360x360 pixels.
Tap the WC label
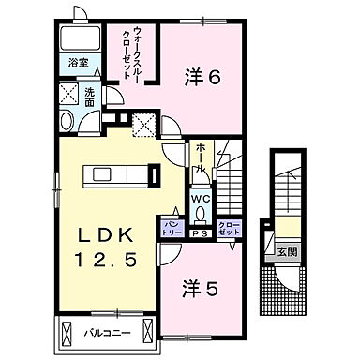(202, 200)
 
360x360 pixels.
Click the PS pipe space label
(200, 232)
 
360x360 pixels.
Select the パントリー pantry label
(172, 227)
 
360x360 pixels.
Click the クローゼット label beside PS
(229, 228)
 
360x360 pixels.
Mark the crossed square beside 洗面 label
(67, 93)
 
